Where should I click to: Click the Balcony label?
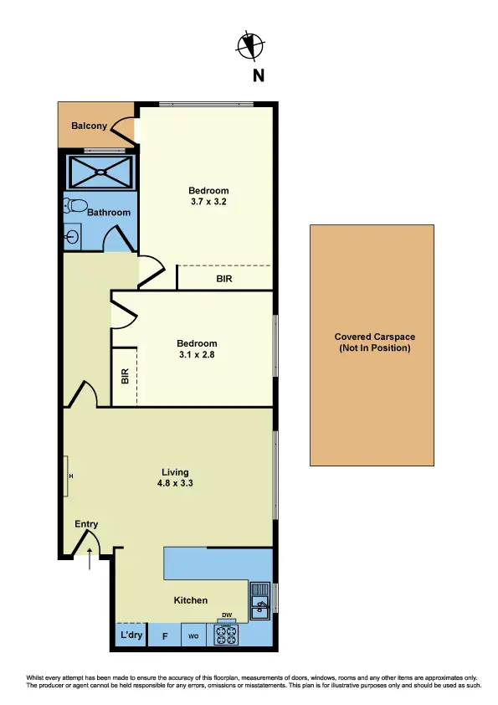pyautogui.click(x=89, y=126)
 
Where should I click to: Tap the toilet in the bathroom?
pyautogui.click(x=76, y=206)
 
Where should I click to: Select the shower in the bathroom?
pyautogui.click(x=100, y=173)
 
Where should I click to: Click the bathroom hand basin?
pyautogui.click(x=72, y=237)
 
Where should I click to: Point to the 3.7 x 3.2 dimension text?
pyautogui.click(x=208, y=202)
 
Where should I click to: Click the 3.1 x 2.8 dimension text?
pyautogui.click(x=197, y=355)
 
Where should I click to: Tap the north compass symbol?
pyautogui.click(x=250, y=46)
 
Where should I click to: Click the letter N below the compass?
pyautogui.click(x=259, y=76)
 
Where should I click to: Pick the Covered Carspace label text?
pyautogui.click(x=372, y=342)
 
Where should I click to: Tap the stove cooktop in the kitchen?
pyautogui.click(x=226, y=635)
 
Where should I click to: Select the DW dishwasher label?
pyautogui.click(x=226, y=614)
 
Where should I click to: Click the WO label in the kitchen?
pyautogui.click(x=193, y=636)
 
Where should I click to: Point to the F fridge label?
pyautogui.click(x=165, y=636)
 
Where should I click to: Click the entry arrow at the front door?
pyautogui.click(x=90, y=558)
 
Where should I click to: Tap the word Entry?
pyautogui.click(x=86, y=524)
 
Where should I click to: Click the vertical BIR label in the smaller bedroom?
pyautogui.click(x=125, y=377)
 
